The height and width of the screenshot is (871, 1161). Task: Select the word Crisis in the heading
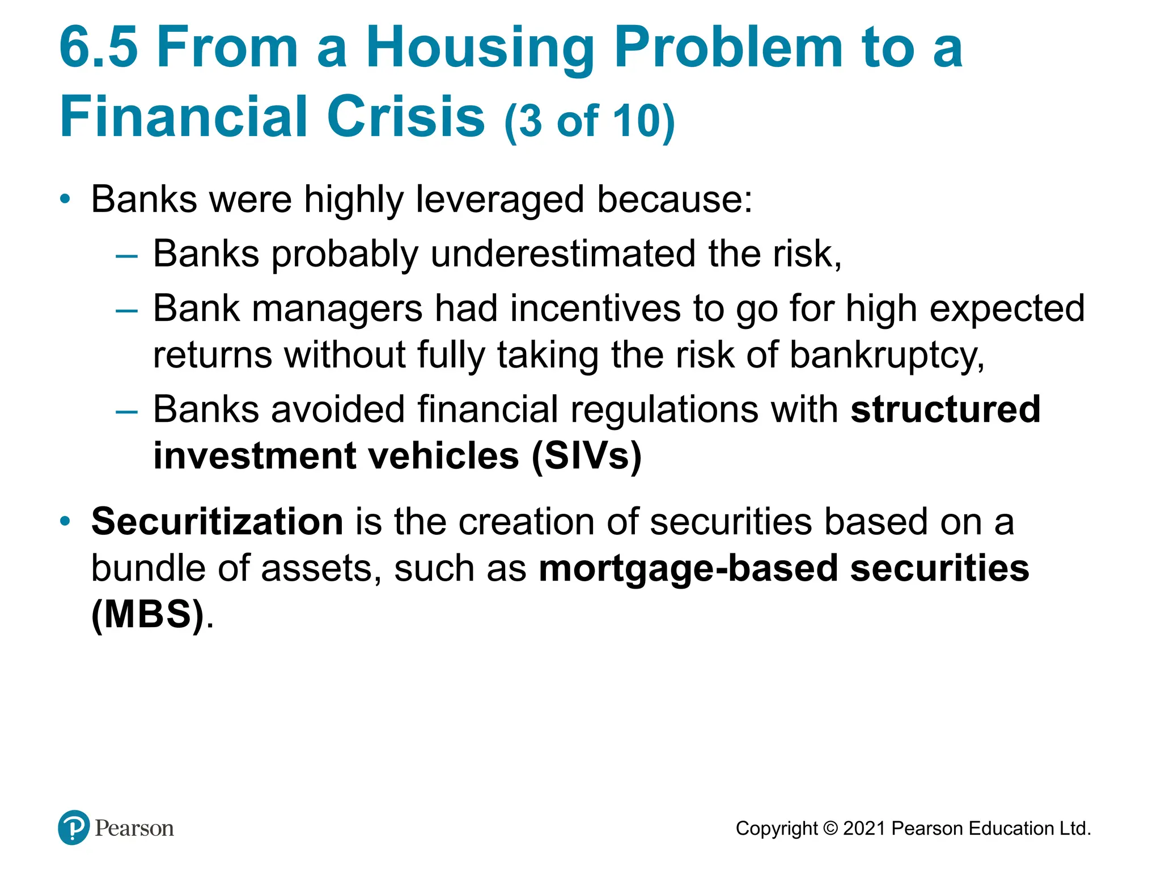click(405, 117)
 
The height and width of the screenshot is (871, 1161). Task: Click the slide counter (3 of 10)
click(590, 120)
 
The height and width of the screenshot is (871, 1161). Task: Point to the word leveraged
click(499, 200)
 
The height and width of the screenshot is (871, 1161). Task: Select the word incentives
click(595, 308)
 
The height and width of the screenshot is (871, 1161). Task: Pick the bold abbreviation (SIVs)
click(586, 456)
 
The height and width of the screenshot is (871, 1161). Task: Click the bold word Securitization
click(217, 521)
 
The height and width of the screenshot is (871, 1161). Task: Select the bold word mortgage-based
click(688, 568)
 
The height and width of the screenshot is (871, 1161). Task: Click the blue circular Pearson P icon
click(74, 827)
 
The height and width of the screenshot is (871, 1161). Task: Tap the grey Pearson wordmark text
click(134, 828)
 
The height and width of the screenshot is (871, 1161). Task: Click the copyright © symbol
click(830, 828)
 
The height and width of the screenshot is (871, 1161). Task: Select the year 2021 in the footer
click(864, 828)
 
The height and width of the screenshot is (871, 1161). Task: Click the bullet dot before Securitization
click(66, 521)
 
